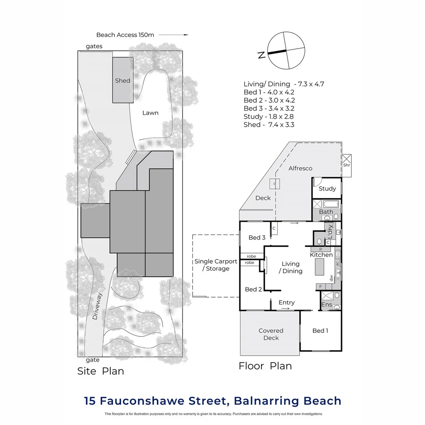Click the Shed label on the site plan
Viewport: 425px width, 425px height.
tap(122, 81)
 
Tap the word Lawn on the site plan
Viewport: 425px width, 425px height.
tap(150, 113)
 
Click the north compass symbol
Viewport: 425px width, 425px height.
tap(286, 50)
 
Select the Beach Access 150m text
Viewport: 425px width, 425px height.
tap(125, 35)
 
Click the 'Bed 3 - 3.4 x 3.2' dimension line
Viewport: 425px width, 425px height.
tap(269, 108)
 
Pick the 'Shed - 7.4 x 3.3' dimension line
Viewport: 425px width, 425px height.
tap(269, 125)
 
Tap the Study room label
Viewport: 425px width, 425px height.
tap(327, 188)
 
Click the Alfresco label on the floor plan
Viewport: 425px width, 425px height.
tap(300, 168)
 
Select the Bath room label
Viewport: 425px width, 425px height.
tap(326, 212)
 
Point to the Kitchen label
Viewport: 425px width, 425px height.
tap(322, 255)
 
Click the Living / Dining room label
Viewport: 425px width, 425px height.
tap(291, 267)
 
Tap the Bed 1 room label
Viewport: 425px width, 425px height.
tap(320, 331)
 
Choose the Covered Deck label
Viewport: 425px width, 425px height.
tap(271, 334)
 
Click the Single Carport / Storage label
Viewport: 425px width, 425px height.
tap(216, 265)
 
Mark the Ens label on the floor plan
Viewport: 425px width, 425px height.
tap(327, 305)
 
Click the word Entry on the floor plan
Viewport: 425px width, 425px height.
tap(286, 303)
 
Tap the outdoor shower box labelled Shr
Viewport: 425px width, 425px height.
tap(346, 161)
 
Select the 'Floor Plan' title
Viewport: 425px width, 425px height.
tap(265, 366)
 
